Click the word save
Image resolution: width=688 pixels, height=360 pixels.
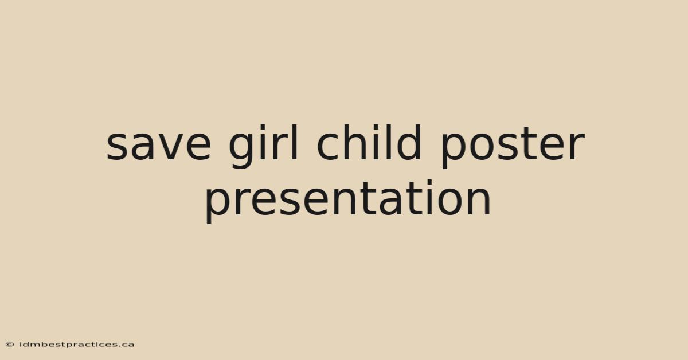pyautogui.click(x=159, y=145)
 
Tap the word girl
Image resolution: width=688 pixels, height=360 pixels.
pyautogui.click(x=263, y=147)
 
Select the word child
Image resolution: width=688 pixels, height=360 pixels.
pyautogui.click(x=369, y=143)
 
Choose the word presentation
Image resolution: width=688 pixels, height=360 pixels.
pyautogui.click(x=348, y=202)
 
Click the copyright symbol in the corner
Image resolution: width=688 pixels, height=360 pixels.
pyautogui.click(x=10, y=345)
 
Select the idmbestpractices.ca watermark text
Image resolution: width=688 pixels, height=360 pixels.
pyautogui.click(x=77, y=345)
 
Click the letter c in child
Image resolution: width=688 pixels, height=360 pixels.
pyautogui.click(x=328, y=146)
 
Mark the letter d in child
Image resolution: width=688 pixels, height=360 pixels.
pyautogui.click(x=408, y=143)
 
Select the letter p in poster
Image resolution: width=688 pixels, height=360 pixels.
pyautogui.click(x=454, y=150)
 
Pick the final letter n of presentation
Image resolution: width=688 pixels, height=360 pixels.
pyautogui.click(x=479, y=200)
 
